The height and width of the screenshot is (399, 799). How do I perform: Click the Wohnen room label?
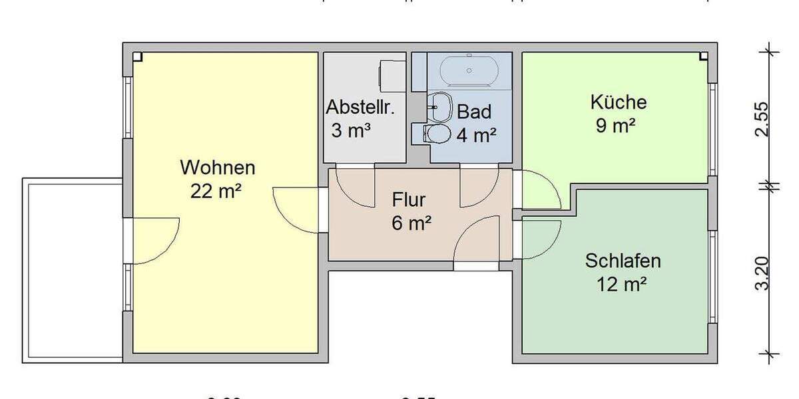(218, 168)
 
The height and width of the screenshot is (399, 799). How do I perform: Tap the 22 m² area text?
(216, 192)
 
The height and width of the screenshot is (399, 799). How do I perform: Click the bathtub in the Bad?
(469, 70)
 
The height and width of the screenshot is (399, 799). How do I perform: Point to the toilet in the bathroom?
(436, 134)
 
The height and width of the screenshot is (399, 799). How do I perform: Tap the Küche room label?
(618, 102)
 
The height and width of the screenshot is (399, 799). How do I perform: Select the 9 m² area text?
(615, 126)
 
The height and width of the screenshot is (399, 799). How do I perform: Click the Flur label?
(409, 200)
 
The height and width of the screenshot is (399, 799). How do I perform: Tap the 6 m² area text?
(411, 223)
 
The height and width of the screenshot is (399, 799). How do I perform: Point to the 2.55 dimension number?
(762, 118)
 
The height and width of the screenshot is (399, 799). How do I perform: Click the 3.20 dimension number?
(762, 273)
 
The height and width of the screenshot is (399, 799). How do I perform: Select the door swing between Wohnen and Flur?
(297, 209)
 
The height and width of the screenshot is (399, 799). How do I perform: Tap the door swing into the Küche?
(539, 190)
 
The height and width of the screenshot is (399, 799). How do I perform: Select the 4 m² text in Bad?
(476, 135)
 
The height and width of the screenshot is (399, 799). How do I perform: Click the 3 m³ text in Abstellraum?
(351, 130)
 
